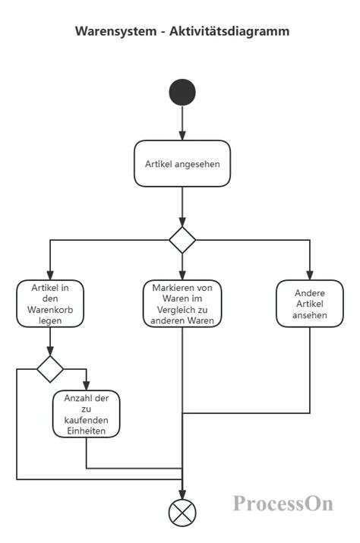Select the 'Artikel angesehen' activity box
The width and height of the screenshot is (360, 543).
[x=182, y=163]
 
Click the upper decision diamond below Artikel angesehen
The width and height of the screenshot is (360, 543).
[x=182, y=239]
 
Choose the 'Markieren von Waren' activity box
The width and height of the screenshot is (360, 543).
[x=182, y=304]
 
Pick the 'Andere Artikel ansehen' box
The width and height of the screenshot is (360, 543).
[x=310, y=304]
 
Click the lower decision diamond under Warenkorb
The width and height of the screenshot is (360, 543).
[x=51, y=369]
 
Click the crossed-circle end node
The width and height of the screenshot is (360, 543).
[x=182, y=513]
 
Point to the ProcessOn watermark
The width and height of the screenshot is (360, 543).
[x=283, y=504]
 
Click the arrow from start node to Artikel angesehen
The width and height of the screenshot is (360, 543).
[x=182, y=123]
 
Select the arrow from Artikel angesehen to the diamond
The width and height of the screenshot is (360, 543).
[x=182, y=205]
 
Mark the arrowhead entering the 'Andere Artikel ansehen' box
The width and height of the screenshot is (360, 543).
[x=310, y=276]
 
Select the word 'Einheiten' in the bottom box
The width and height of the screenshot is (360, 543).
[x=86, y=431]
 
